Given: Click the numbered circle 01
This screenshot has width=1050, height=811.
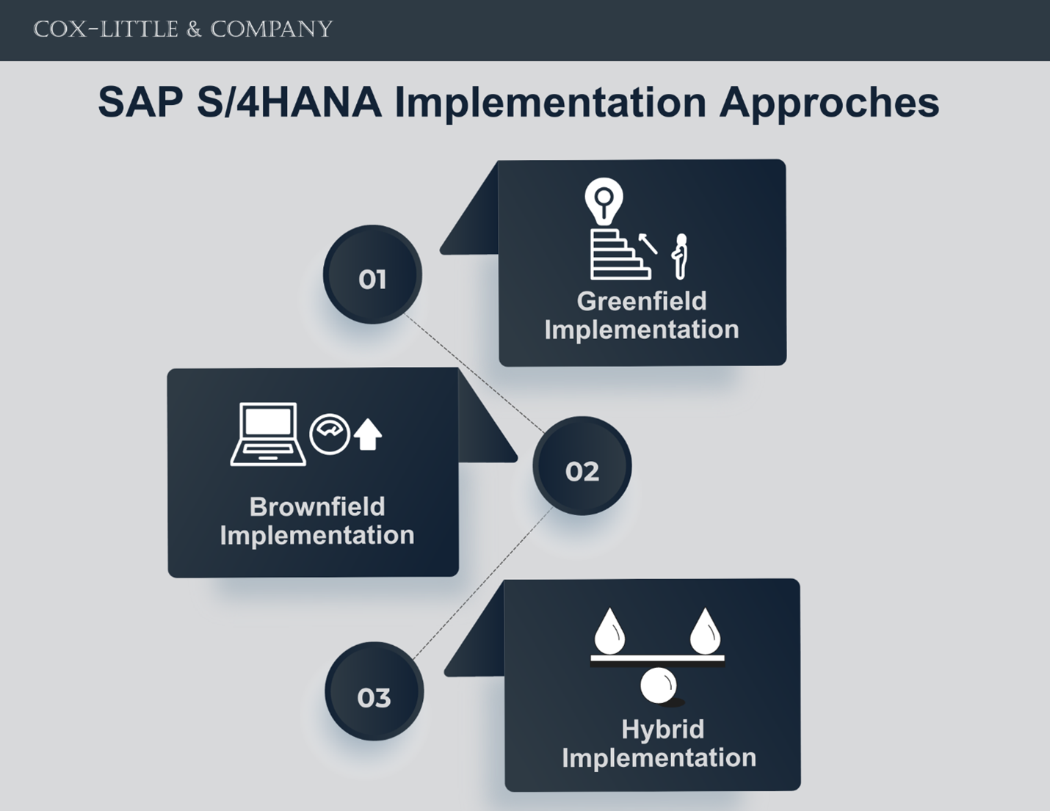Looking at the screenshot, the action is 372,274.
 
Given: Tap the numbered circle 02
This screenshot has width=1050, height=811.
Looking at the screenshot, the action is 582,465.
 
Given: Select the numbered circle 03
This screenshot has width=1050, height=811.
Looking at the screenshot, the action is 374,691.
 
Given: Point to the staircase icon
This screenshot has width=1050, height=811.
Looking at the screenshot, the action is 620,255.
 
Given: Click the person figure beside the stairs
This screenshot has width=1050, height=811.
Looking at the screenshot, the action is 680,256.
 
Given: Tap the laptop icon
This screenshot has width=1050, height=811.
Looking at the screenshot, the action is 268,434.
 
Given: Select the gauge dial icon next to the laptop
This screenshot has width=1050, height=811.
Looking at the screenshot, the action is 330,434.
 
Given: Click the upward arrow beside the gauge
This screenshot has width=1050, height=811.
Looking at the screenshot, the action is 368,434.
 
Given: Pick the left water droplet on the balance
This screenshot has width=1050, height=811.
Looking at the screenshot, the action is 609,631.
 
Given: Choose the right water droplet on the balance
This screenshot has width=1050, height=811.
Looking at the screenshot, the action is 705,631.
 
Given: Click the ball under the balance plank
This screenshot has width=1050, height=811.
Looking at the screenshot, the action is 658,685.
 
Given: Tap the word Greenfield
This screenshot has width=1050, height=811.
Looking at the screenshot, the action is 642,302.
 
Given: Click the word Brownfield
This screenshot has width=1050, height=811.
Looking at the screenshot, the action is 317,506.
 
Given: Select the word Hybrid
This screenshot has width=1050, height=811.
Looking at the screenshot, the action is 662,730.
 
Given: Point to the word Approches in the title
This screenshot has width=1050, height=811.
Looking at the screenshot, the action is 829,103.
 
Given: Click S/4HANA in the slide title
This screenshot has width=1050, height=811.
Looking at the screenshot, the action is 289,102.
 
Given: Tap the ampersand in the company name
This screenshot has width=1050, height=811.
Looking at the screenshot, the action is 194,30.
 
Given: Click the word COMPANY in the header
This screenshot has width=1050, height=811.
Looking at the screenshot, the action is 272,29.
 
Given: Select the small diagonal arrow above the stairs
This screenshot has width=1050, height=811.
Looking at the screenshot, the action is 648,244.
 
